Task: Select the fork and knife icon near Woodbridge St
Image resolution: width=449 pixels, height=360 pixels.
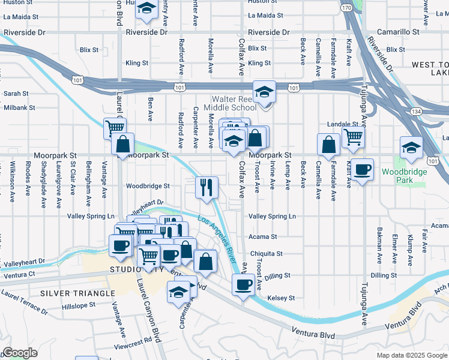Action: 205,187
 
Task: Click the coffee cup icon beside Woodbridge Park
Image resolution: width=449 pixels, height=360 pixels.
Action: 362,170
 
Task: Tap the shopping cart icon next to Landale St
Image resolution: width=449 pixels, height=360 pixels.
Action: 353,137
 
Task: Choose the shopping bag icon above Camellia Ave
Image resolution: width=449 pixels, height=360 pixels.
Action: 329,145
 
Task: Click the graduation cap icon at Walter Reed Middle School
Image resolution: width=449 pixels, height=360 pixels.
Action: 264,92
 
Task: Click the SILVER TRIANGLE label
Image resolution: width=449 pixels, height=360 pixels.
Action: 77,293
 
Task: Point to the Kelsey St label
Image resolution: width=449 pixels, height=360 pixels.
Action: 281,298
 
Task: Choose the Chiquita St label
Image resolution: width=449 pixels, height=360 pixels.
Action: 266,254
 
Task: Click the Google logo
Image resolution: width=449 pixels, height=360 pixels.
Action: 20,353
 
